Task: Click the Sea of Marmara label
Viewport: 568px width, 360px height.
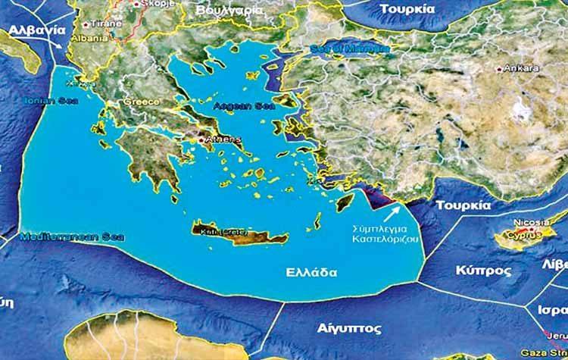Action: coord(349,48)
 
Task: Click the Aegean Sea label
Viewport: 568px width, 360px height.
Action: coord(239,106)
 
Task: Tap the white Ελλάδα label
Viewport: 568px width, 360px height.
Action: coord(311,273)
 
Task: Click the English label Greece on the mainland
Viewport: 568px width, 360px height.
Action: coord(142,102)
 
